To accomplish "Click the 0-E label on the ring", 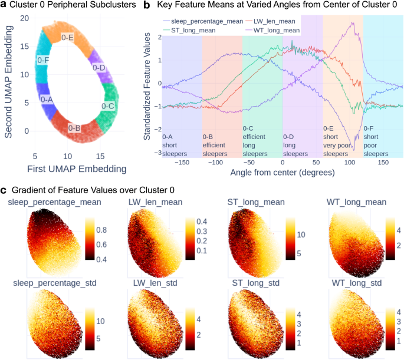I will click(x=67, y=38).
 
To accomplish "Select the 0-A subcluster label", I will click(x=47, y=100).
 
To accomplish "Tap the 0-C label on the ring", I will click(x=107, y=106).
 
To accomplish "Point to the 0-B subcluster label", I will click(x=74, y=128).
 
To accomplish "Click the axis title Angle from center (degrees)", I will click(x=283, y=173).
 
